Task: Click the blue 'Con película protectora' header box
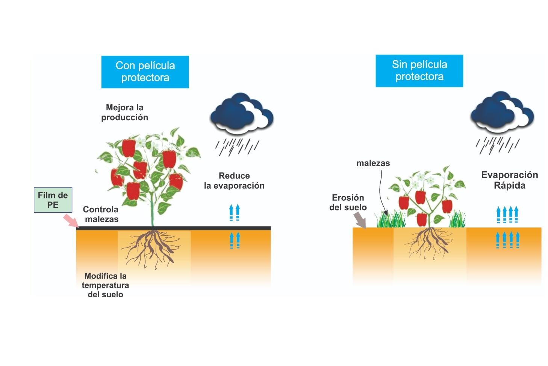click(145, 72)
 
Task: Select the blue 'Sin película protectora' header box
click(419, 71)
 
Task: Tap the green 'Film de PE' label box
click(53, 200)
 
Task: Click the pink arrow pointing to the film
click(70, 220)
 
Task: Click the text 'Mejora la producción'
click(124, 113)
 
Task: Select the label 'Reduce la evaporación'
click(234, 181)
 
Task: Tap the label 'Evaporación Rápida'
click(509, 180)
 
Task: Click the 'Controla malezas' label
click(101, 214)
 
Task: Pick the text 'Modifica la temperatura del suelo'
click(105, 285)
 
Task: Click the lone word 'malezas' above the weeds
click(373, 163)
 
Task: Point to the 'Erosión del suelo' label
click(348, 203)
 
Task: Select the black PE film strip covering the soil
click(210, 228)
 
